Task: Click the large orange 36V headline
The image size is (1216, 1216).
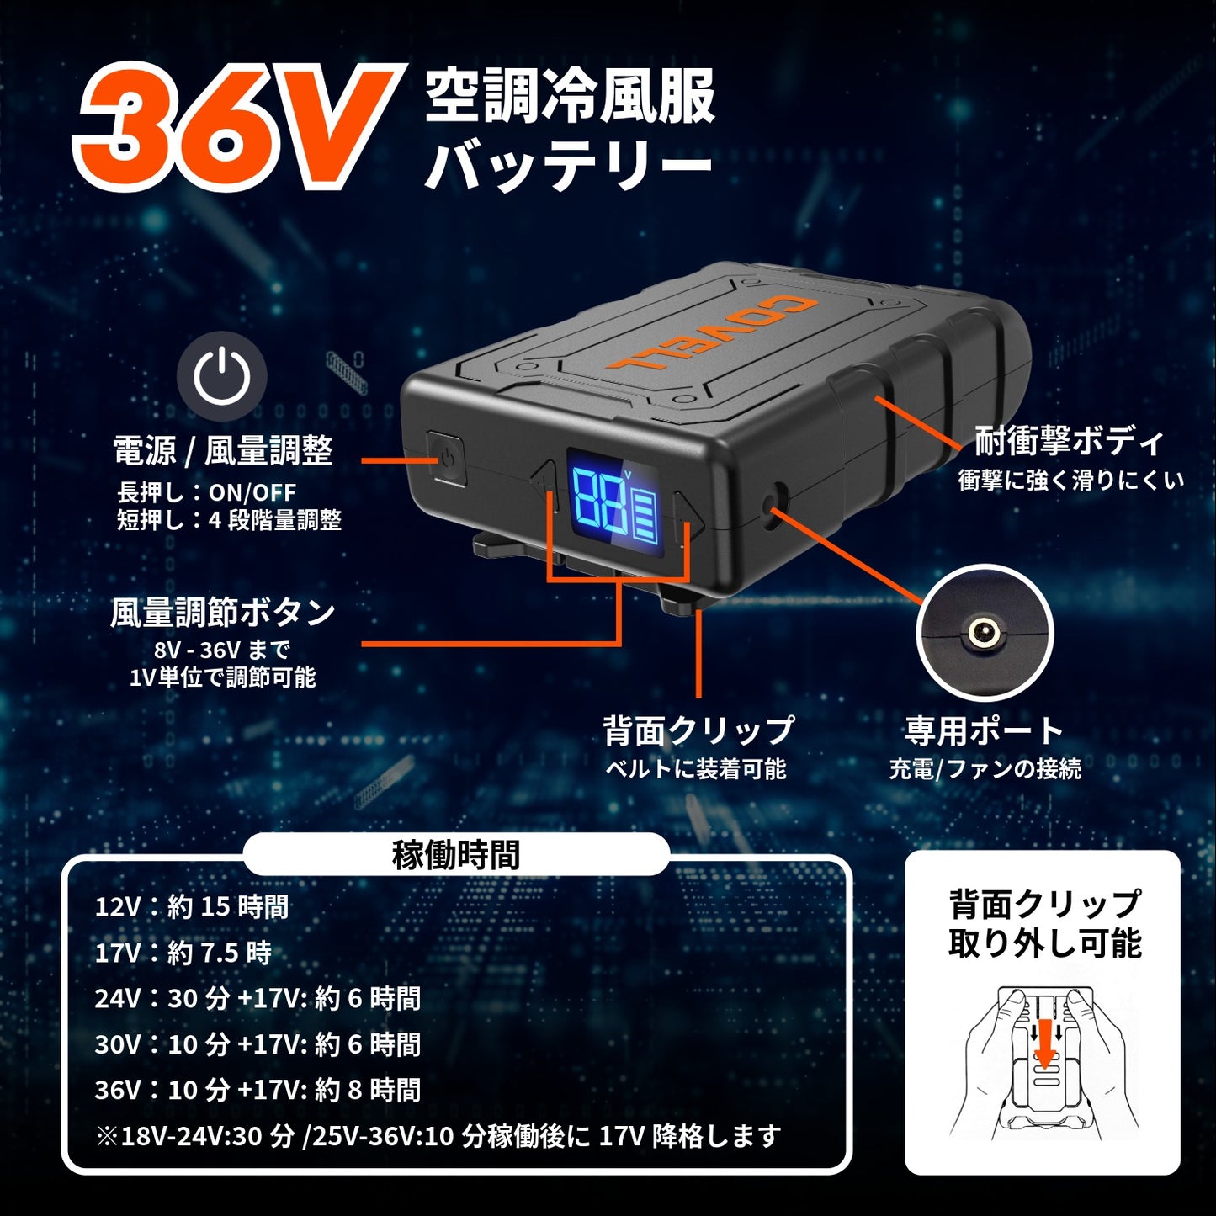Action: point(236,126)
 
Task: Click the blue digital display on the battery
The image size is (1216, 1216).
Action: point(614,502)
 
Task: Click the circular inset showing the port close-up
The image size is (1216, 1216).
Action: point(984,633)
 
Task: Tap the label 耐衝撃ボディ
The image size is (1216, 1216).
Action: point(1069,440)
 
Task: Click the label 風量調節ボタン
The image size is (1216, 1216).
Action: point(223,612)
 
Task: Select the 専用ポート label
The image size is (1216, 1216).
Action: point(985,730)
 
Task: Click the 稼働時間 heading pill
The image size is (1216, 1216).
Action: point(456,855)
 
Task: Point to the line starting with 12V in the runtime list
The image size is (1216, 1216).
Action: point(192,906)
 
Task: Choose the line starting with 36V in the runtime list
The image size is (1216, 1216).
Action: point(258,1090)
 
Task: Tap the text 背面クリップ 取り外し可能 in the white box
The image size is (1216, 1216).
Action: point(1044,924)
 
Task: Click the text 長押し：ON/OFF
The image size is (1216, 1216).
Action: point(206,492)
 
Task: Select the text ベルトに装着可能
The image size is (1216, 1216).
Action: point(695,768)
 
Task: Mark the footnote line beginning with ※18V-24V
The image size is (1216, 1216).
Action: point(438,1136)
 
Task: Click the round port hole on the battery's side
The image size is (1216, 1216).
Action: point(772,503)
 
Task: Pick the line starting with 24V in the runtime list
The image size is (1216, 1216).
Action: point(258,998)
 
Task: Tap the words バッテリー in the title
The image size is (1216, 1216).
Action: point(568,165)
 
